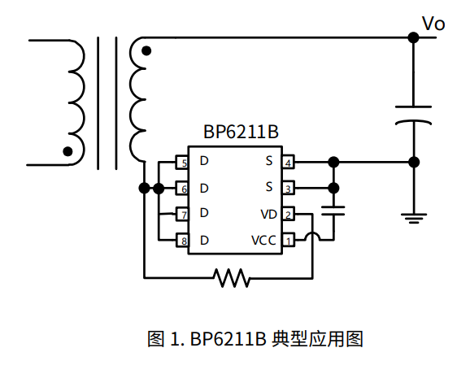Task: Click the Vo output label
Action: [433, 24]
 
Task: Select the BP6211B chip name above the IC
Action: [236, 133]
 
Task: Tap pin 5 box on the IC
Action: [184, 163]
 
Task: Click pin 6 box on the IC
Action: [184, 189]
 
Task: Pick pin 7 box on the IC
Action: [184, 215]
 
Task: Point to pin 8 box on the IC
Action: [184, 241]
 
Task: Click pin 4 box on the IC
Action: [288, 163]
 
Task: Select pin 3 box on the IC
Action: [288, 189]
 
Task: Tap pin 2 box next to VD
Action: [288, 215]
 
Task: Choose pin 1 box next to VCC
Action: [288, 241]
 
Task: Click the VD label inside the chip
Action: [268, 215]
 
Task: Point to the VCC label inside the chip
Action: [263, 241]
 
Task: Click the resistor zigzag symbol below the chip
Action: [233, 278]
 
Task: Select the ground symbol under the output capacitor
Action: [414, 216]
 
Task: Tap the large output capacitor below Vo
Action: [414, 115]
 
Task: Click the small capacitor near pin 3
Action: [333, 211]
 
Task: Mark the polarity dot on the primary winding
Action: [68, 150]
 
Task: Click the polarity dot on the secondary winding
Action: [146, 51]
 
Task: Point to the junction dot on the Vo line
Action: [414, 37]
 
